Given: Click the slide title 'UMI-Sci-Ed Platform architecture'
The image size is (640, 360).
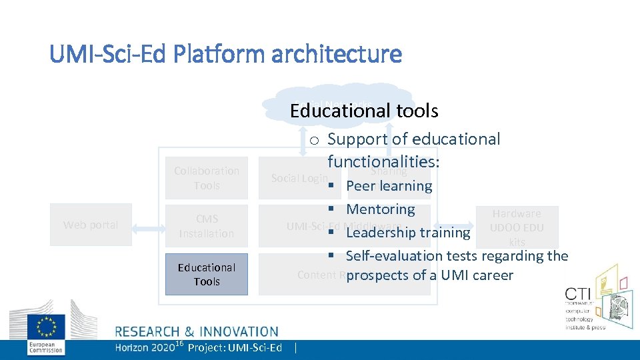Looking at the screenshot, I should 225,53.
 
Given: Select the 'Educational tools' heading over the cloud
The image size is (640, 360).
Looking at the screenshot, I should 364,110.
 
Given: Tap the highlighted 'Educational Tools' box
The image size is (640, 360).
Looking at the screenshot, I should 207,274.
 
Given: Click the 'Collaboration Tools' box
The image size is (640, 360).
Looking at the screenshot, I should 207,178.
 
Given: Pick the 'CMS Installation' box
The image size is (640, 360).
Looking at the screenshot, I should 207,226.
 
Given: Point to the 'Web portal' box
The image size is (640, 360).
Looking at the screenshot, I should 91,225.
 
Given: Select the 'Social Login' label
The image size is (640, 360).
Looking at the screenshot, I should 299,179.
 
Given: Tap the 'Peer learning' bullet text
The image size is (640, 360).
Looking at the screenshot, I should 389,186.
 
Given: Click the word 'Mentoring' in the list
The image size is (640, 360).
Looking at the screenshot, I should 381,209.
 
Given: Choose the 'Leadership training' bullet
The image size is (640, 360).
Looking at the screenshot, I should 408,233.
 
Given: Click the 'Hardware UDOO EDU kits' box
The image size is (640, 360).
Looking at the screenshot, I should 517,227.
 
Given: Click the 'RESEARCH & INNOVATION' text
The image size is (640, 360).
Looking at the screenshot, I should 197,331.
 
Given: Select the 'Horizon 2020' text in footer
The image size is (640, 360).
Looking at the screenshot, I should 143,347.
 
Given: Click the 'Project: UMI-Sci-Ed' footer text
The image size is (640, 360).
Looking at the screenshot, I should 235,347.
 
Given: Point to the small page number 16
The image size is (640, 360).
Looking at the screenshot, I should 179,343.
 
